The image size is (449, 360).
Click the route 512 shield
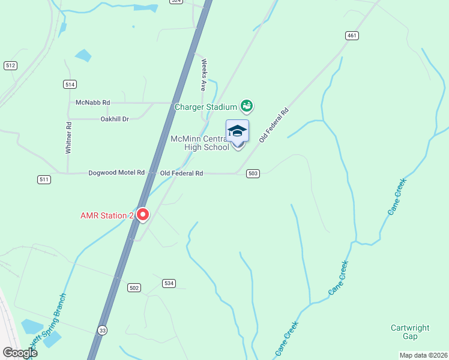10,65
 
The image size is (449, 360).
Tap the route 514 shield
70,84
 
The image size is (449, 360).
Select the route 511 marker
44,179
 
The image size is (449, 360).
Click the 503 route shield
253,173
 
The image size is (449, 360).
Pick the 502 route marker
134,288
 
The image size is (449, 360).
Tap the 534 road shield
169,283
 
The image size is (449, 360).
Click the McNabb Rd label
93,103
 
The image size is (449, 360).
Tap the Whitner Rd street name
69,138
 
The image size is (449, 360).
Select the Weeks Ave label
204,74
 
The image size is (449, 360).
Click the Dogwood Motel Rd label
116,173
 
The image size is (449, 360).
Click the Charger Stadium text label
205,107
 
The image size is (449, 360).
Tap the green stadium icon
246,107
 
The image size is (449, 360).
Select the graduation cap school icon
237,131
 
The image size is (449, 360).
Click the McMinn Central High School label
200,143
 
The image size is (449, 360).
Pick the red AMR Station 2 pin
143,214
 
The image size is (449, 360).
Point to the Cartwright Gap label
410,332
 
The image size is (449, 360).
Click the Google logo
19,353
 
